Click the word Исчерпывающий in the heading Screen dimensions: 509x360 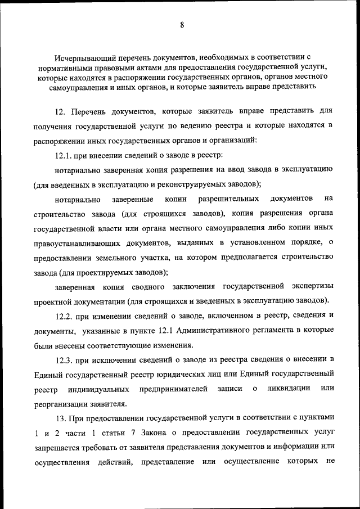point(82,57)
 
